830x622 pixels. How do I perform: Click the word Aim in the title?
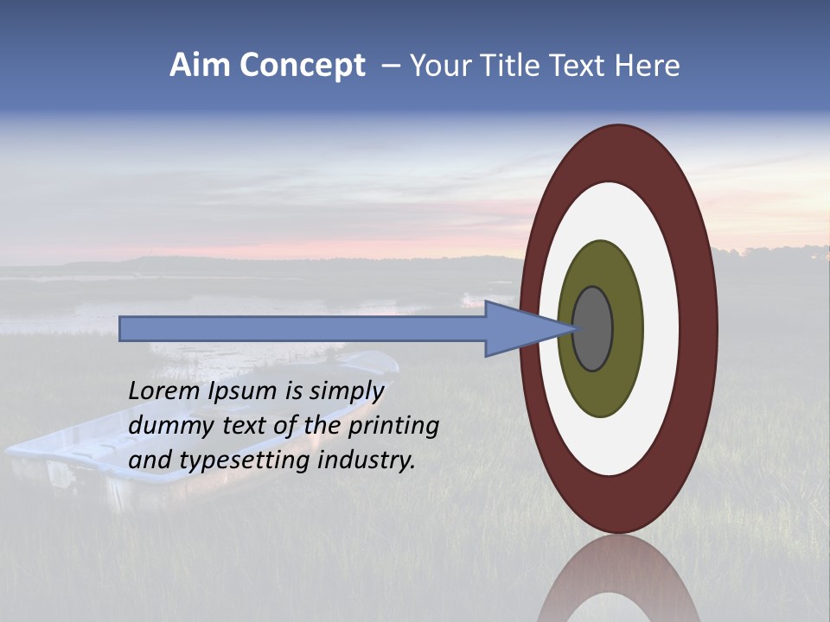(x=200, y=66)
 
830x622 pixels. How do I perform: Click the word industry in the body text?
(x=367, y=460)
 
